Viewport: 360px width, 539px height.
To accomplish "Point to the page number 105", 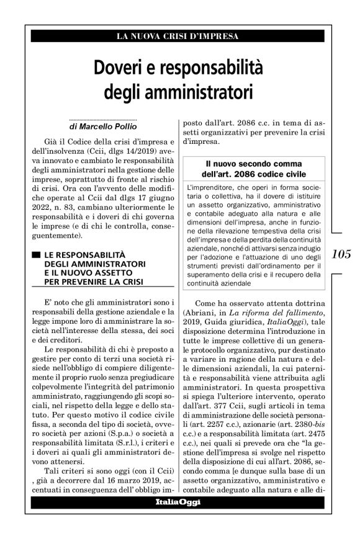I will coord(342,254).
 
